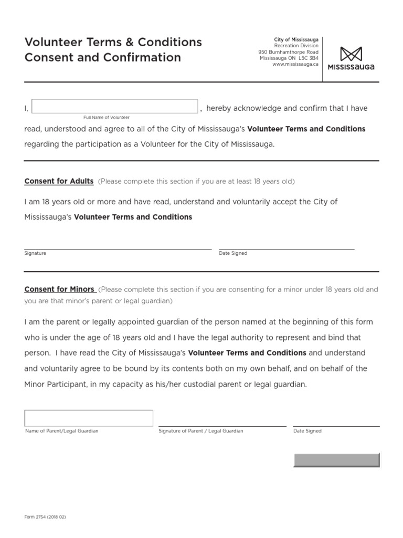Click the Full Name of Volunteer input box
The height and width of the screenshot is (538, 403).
(x=115, y=106)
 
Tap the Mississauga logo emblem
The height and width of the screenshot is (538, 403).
(x=351, y=54)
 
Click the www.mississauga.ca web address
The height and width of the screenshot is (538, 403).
(x=295, y=64)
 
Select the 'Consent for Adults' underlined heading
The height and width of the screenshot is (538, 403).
(x=59, y=181)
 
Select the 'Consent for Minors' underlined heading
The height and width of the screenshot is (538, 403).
(x=59, y=289)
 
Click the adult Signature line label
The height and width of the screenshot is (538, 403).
(x=35, y=253)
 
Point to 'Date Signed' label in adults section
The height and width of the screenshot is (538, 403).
(x=233, y=253)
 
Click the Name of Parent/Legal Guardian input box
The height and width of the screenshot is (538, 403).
(x=89, y=418)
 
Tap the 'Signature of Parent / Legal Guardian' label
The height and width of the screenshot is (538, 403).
(x=200, y=431)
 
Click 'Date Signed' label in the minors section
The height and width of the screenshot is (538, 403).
(x=307, y=431)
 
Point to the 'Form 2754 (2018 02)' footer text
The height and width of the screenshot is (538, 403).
(x=45, y=517)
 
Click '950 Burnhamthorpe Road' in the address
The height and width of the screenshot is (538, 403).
(x=288, y=52)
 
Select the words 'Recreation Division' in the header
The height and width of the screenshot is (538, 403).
(x=296, y=46)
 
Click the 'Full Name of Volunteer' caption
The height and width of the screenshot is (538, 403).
(x=107, y=118)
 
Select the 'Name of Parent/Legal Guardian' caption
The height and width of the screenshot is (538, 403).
(x=62, y=431)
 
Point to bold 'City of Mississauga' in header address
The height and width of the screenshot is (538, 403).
(x=296, y=39)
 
